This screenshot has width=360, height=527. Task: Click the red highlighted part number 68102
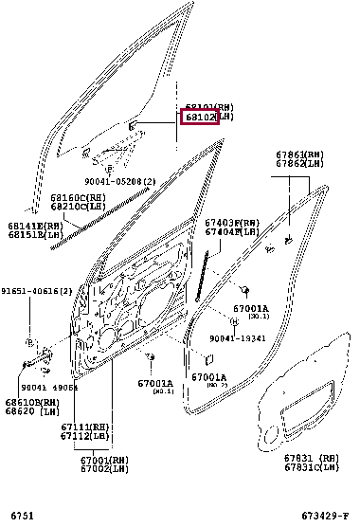[200, 118]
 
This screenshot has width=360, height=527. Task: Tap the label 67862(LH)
[300, 163]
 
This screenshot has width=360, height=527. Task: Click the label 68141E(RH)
[35, 227]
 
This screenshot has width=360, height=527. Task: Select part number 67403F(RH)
[231, 222]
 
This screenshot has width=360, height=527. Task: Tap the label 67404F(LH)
[231, 231]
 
